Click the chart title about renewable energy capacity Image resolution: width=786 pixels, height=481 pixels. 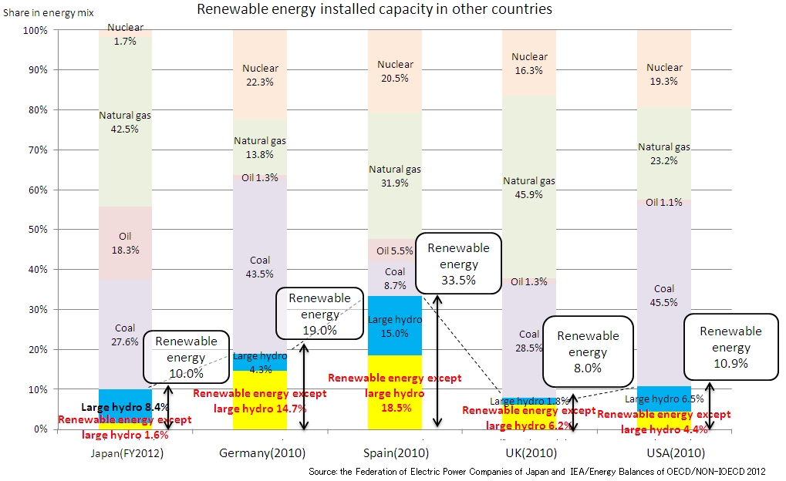(x=375, y=10)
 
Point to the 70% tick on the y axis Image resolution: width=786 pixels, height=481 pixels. (x=37, y=150)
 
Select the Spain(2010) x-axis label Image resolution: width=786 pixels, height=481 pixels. (x=394, y=453)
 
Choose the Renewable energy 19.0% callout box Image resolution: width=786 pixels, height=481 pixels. (x=319, y=314)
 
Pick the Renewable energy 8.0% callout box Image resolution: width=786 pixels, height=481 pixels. (x=588, y=351)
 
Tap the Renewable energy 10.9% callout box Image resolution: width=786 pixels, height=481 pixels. (x=730, y=347)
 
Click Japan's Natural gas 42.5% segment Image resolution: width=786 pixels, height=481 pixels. (x=125, y=122)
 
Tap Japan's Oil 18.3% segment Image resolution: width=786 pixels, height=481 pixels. (x=125, y=244)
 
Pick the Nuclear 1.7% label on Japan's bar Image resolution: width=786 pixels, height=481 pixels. (x=125, y=33)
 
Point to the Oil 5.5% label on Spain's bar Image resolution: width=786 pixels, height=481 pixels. (x=394, y=251)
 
